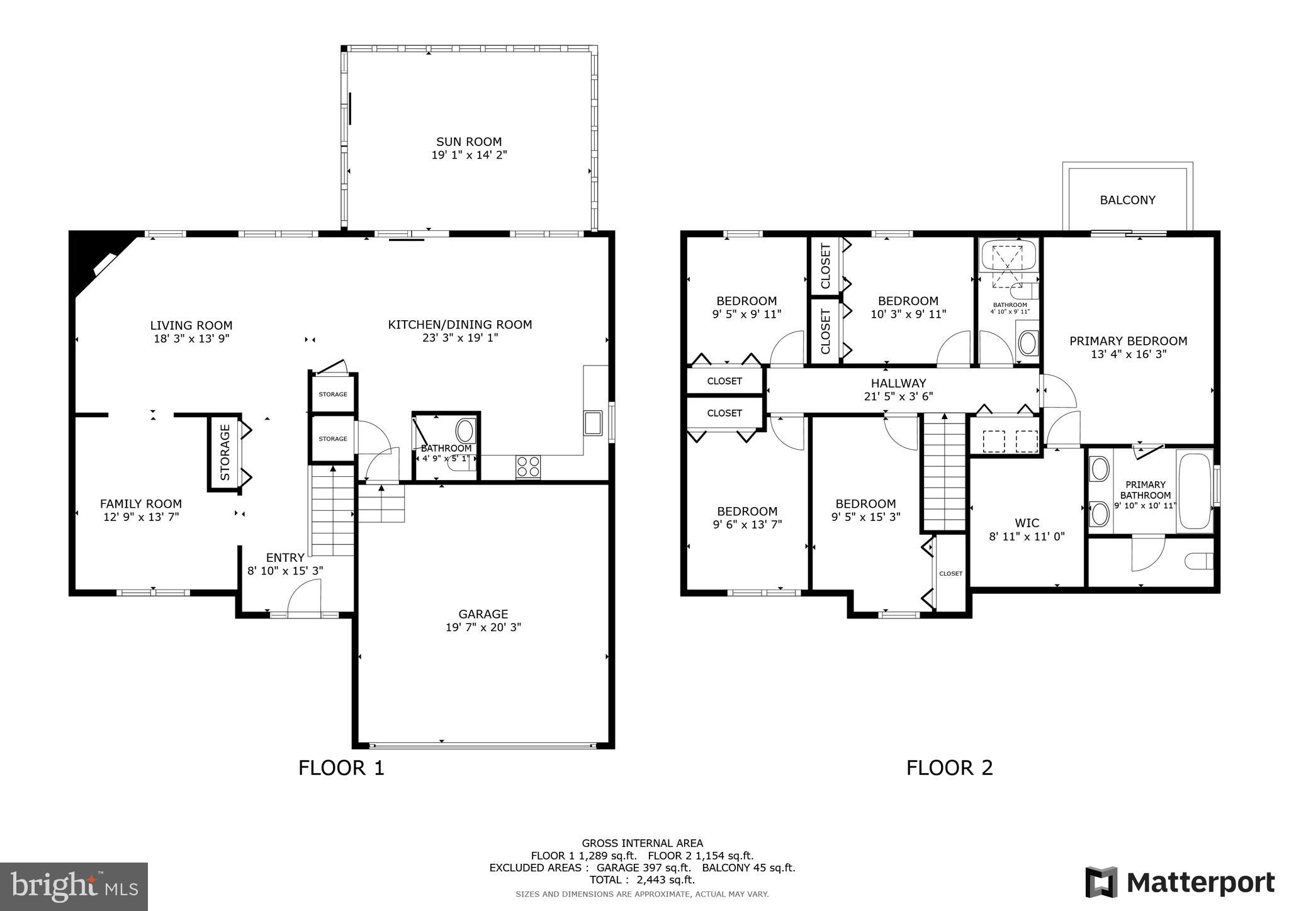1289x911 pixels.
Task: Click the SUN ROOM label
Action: [x=469, y=142]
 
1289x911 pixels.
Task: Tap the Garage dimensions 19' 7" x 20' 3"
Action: [x=483, y=627]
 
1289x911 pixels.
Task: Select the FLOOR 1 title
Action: [x=341, y=768]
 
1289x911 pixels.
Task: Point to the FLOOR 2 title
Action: [x=949, y=768]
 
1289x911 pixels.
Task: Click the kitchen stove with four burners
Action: [x=527, y=466]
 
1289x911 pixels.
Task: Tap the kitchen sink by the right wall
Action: [x=592, y=422]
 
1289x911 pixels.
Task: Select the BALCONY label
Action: [x=1127, y=200]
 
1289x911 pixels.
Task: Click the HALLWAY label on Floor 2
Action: [x=898, y=383]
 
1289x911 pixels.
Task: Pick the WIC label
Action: [x=1027, y=523]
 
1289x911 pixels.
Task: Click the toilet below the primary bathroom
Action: [x=1198, y=560]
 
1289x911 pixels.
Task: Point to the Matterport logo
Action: [x=1179, y=882]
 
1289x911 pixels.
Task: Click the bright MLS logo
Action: [x=74, y=887]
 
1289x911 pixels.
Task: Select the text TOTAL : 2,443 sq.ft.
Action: [x=642, y=880]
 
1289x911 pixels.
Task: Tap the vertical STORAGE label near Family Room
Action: [x=225, y=452]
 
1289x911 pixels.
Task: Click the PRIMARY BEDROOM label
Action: [x=1128, y=341]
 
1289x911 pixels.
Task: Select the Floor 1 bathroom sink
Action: [x=465, y=431]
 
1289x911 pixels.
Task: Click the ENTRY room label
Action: [x=285, y=557]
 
